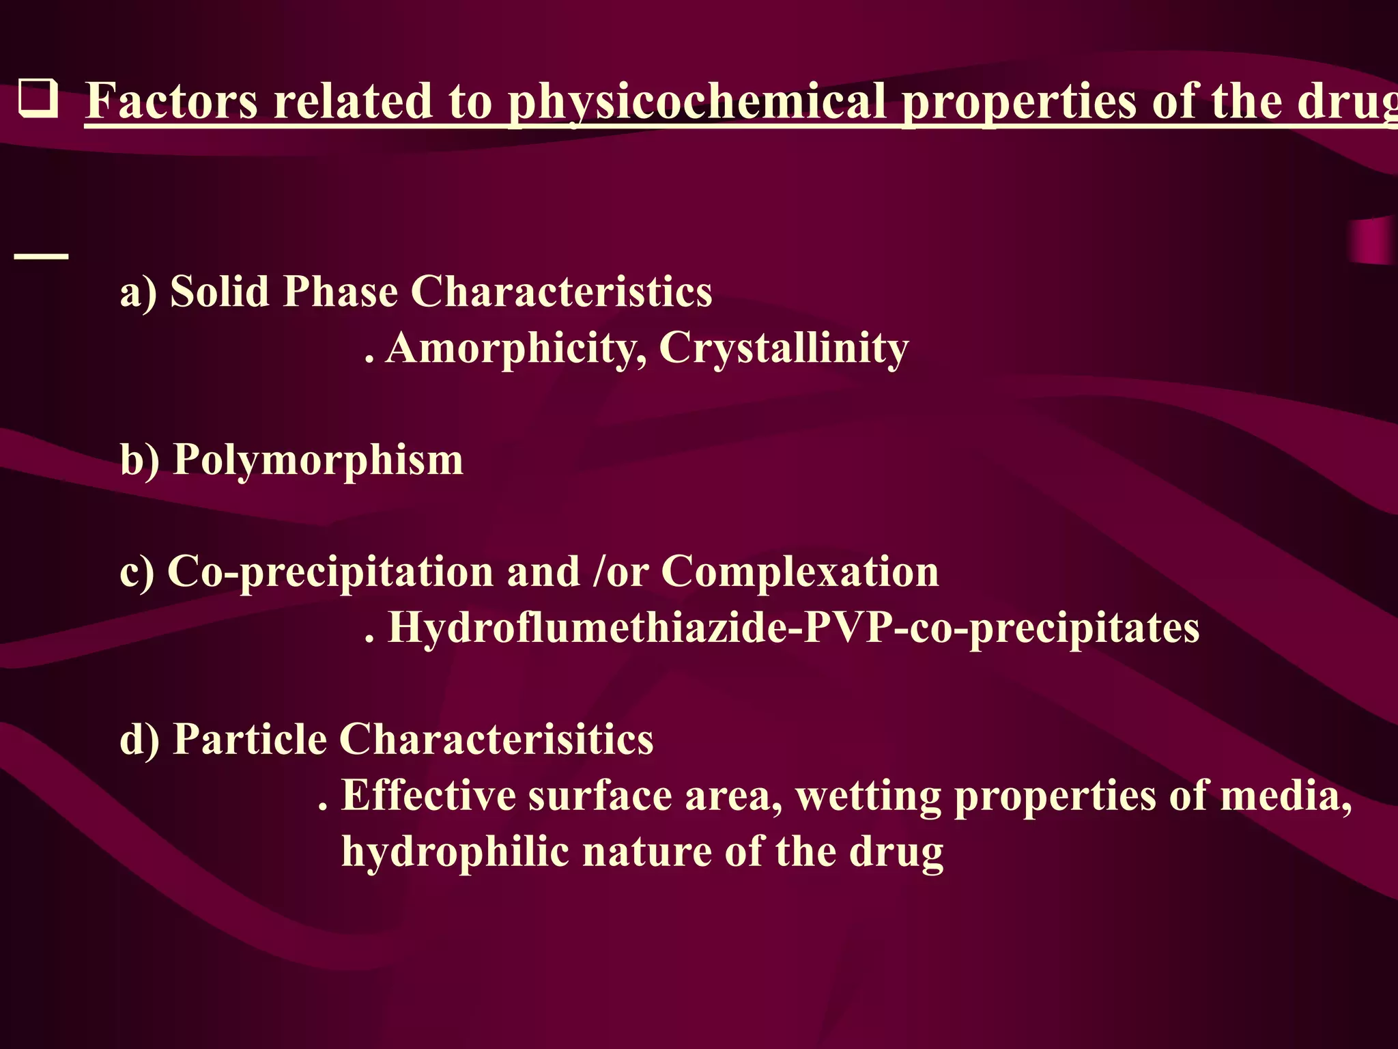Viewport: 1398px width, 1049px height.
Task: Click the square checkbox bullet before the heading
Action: [x=38, y=100]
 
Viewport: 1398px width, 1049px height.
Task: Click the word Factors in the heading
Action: [x=171, y=101]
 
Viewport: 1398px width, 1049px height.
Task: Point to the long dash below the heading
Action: [x=41, y=256]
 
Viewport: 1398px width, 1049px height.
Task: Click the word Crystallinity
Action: [x=784, y=348]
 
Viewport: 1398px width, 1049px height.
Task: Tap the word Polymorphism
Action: [x=318, y=460]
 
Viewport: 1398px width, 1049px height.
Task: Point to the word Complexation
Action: [x=799, y=572]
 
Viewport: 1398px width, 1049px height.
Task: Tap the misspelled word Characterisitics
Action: [x=496, y=740]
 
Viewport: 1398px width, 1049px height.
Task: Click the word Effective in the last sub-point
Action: [x=429, y=796]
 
